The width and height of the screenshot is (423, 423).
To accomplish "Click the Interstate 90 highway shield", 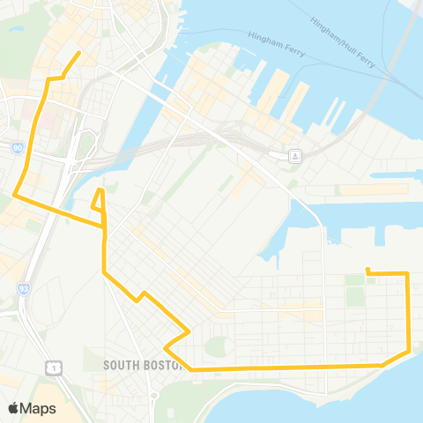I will coord(19,150).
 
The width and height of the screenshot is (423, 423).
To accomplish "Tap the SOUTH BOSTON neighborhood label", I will coord(141,365).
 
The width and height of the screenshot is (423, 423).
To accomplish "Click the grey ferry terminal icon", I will coord(296,156).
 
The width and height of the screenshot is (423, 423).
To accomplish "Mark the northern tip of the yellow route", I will coord(79,53).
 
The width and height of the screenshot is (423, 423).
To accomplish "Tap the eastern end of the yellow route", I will coord(367,270).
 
